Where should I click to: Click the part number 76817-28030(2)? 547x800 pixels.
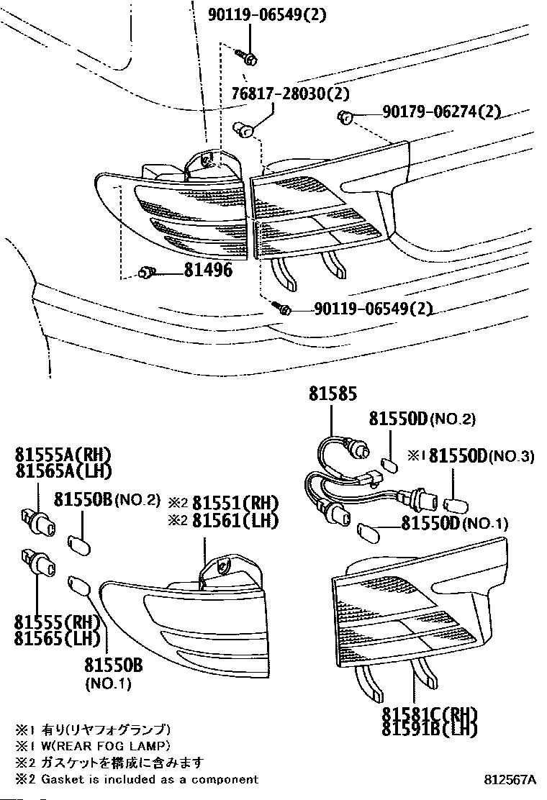290,94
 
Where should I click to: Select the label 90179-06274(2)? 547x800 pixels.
441,112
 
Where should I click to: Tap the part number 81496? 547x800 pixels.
208,271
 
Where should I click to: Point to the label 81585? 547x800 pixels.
333,394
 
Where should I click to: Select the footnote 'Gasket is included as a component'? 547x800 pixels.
148,779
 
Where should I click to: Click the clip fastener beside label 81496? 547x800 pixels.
146,272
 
